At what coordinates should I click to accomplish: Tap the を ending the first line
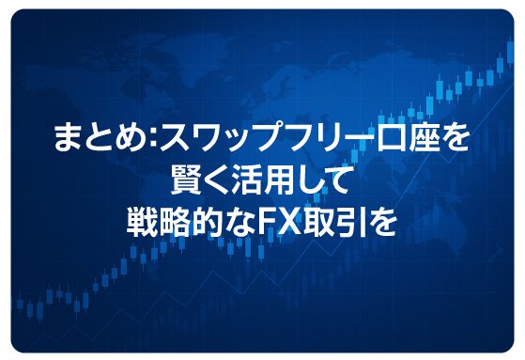456,141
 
